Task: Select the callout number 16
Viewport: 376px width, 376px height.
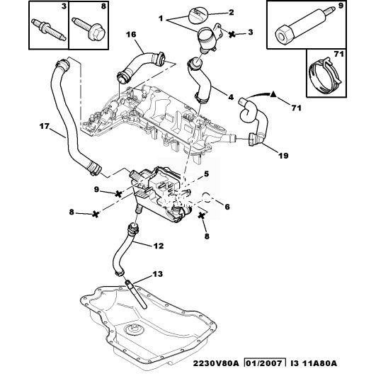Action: click(x=131, y=35)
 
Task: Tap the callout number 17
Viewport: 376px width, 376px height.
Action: click(x=45, y=126)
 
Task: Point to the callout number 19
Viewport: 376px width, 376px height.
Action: click(x=283, y=156)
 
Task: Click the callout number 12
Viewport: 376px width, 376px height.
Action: click(x=159, y=246)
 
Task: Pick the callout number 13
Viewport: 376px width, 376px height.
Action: click(x=158, y=274)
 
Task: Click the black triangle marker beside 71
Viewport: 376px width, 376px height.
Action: click(x=273, y=94)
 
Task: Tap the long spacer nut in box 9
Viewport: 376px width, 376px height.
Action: click(x=303, y=26)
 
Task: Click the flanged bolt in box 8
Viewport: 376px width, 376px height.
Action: click(x=90, y=29)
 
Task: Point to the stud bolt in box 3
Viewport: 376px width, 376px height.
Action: click(x=49, y=30)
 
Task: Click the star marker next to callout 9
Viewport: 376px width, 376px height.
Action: click(x=118, y=193)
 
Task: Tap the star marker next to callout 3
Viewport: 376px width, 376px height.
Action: click(x=232, y=34)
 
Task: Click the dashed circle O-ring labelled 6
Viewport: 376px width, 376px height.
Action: click(x=207, y=196)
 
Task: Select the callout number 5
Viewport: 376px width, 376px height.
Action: click(x=207, y=174)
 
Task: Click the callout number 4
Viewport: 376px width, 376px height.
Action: click(x=230, y=97)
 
